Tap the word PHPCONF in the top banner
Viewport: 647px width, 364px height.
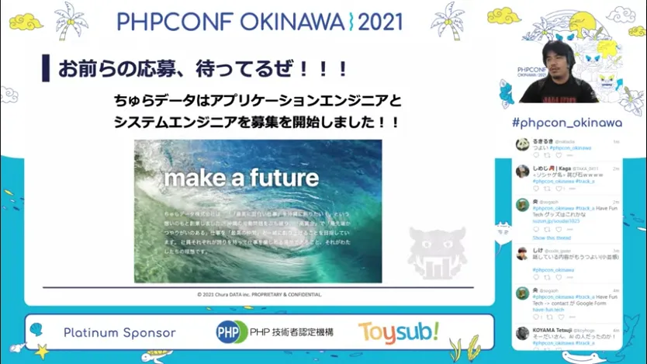point(164,21)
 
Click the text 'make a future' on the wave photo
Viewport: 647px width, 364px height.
point(241,178)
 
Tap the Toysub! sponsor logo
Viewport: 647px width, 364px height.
point(399,332)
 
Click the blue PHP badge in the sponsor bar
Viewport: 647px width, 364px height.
point(230,332)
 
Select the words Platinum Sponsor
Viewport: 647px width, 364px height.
point(119,333)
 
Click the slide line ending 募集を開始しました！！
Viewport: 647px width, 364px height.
point(256,122)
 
